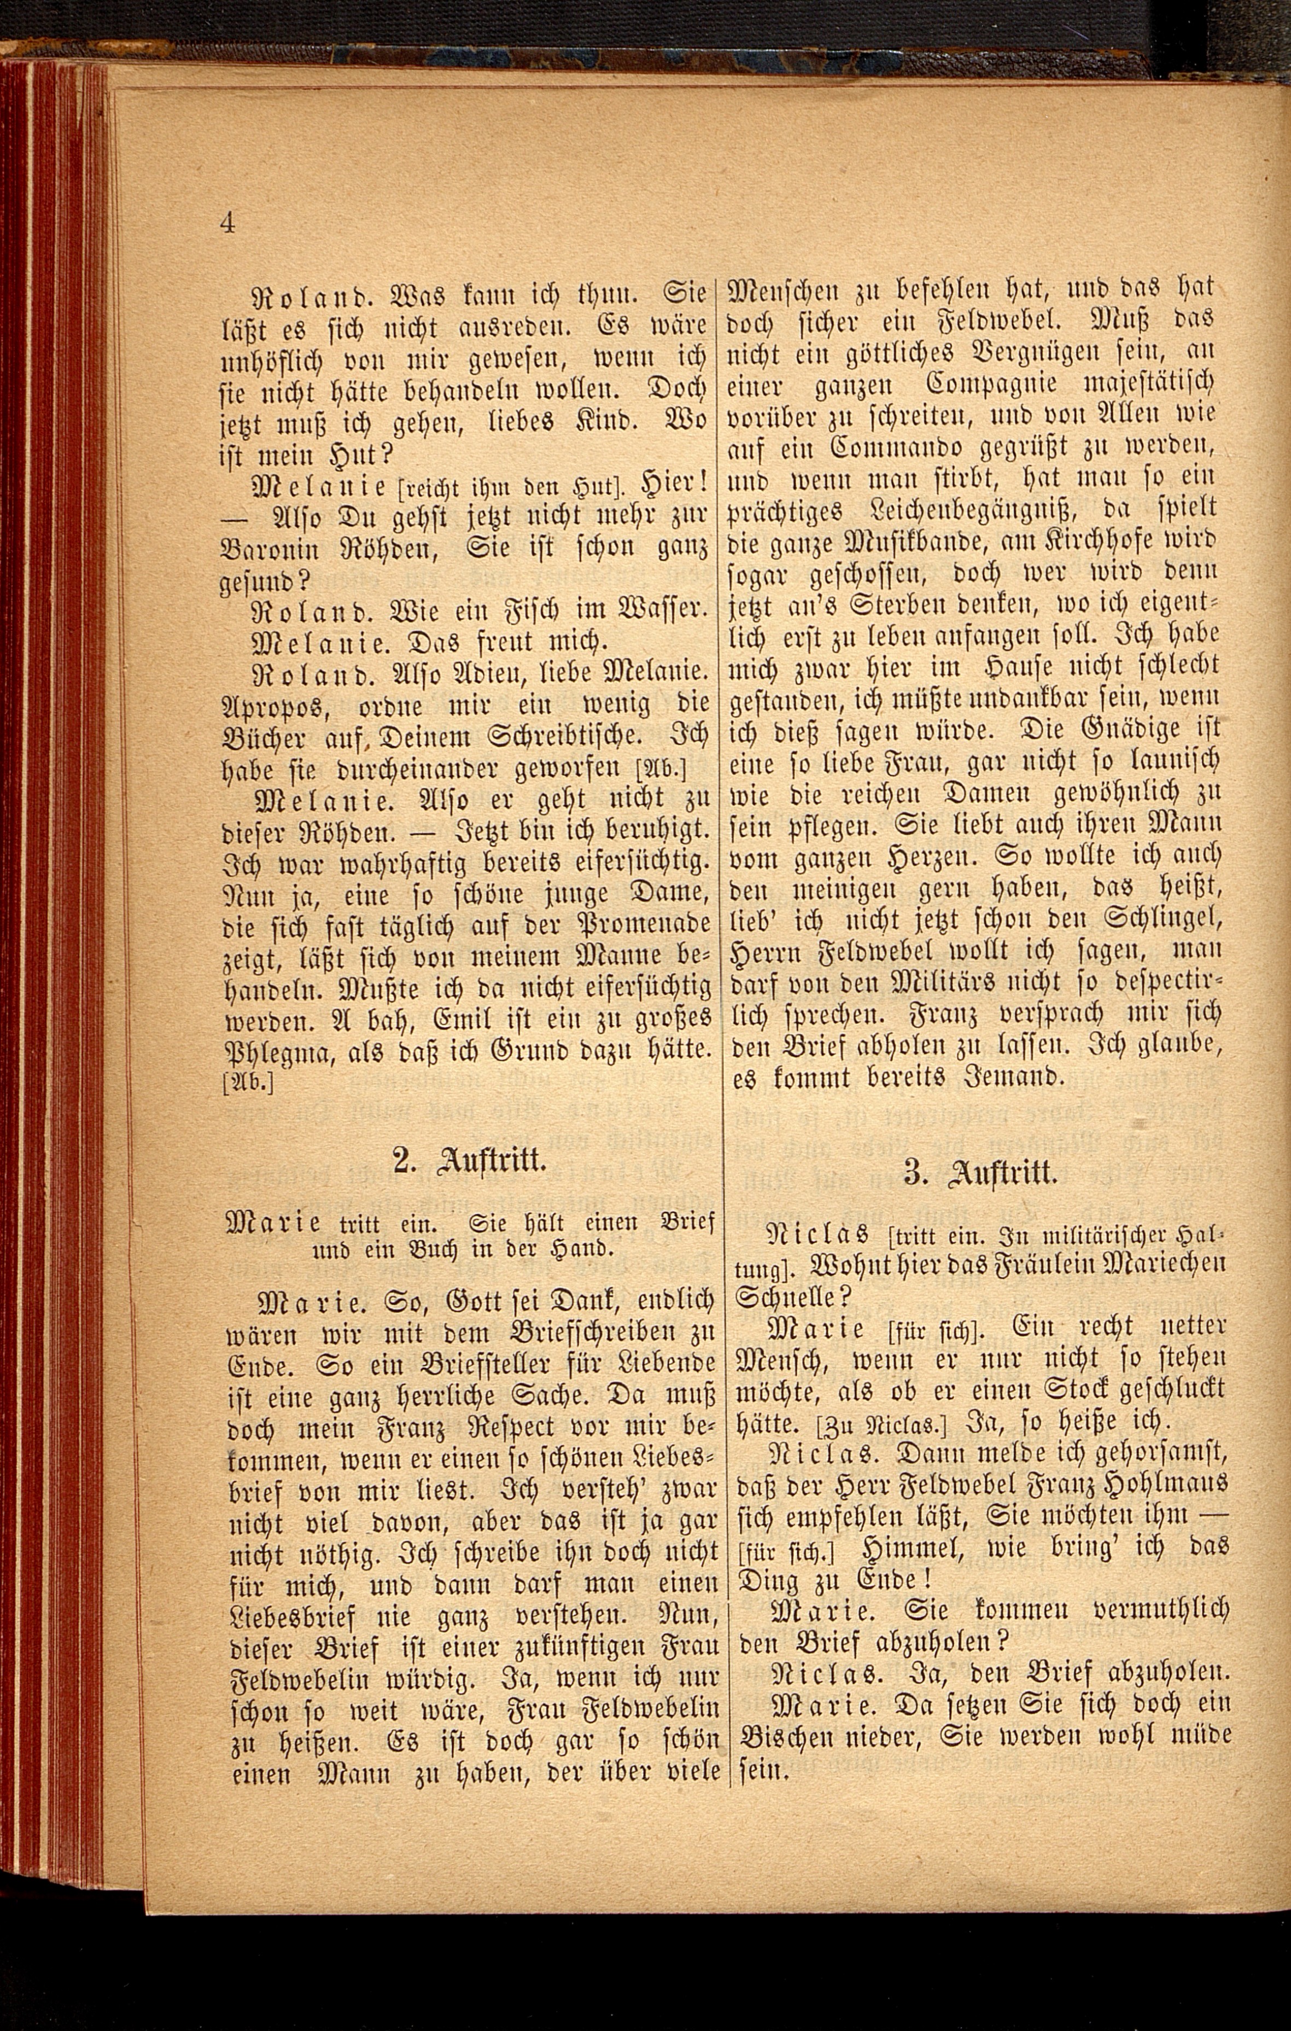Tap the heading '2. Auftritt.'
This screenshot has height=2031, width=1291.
click(x=471, y=1161)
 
